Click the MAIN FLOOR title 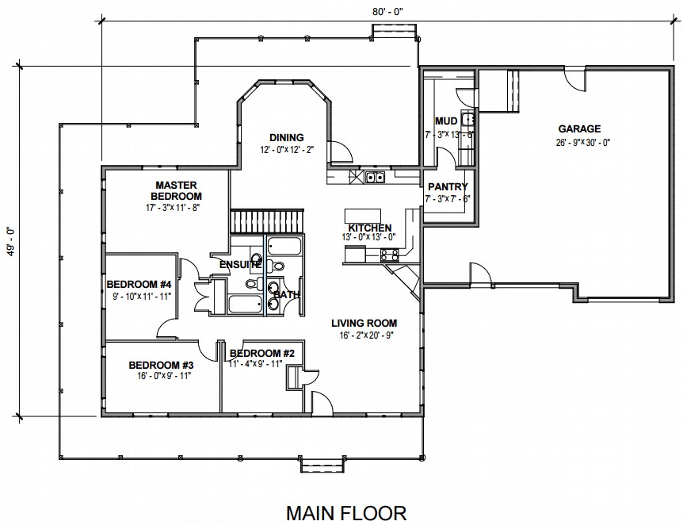[346, 513]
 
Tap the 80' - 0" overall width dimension [388, 12]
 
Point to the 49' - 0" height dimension [11, 242]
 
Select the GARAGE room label [579, 129]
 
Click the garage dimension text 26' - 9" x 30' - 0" [583, 143]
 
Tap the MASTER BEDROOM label [176, 190]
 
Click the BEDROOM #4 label [139, 285]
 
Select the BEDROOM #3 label [161, 365]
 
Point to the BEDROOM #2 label [262, 353]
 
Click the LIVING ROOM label [364, 324]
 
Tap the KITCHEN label [370, 228]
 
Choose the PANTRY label [448, 187]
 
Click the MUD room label [446, 121]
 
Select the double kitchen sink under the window [375, 177]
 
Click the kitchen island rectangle [362, 216]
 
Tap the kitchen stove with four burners [389, 255]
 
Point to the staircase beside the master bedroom [266, 221]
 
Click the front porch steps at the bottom [322, 466]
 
